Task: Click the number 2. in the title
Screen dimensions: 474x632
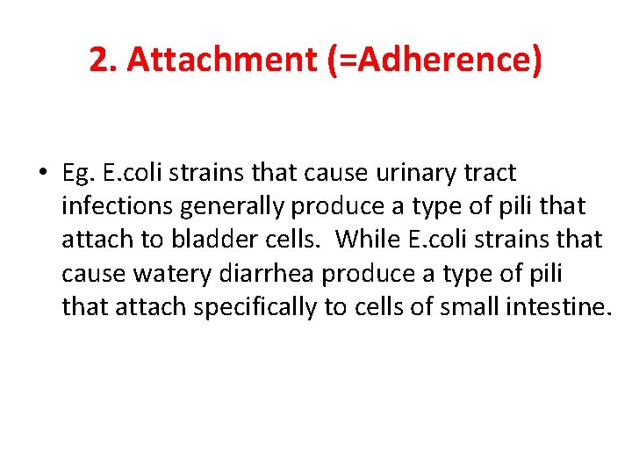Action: pyautogui.click(x=104, y=59)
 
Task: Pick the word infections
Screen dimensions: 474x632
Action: pyautogui.click(x=118, y=206)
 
